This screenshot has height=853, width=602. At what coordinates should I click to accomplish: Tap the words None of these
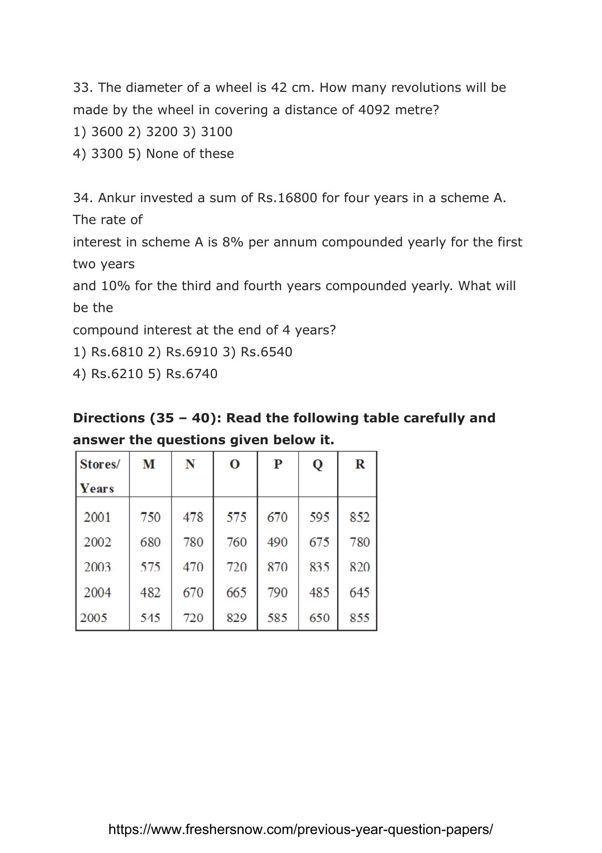(190, 154)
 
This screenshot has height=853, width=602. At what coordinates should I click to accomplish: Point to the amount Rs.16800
(287, 198)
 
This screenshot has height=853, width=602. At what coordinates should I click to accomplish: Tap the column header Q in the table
(318, 465)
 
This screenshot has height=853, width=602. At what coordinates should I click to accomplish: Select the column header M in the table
(149, 465)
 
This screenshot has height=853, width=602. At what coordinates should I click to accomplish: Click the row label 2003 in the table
(97, 567)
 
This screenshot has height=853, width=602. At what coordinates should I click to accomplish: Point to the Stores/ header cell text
(100, 464)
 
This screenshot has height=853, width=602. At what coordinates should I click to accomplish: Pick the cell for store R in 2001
(359, 517)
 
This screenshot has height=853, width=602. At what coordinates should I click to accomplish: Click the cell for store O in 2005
(236, 618)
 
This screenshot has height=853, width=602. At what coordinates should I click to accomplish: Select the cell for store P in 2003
(277, 567)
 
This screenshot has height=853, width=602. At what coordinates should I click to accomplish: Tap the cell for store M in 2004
(150, 592)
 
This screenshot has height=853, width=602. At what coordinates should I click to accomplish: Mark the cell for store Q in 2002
(319, 542)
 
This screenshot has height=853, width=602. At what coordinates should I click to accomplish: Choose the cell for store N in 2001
(193, 517)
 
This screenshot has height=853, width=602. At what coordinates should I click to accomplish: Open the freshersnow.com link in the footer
(301, 829)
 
